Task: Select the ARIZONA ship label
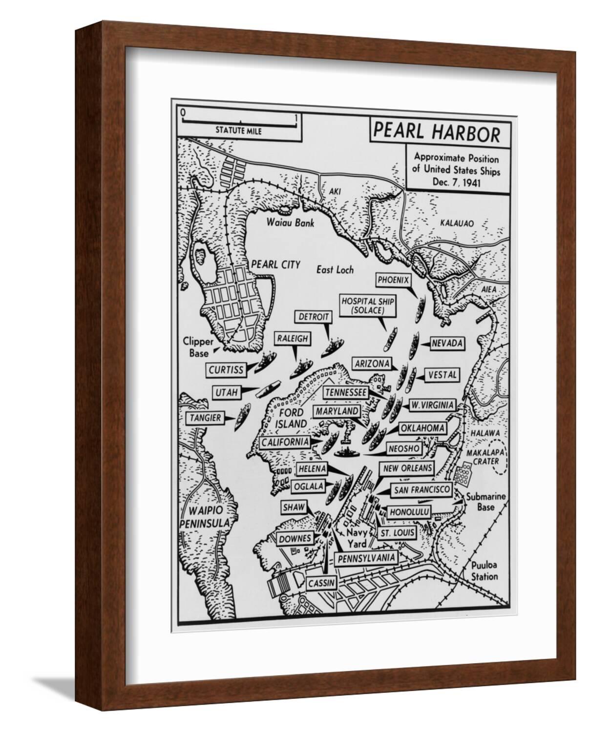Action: (x=372, y=364)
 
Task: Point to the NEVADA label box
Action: (x=446, y=344)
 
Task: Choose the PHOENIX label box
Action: (x=392, y=281)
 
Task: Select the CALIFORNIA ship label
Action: (x=285, y=442)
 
